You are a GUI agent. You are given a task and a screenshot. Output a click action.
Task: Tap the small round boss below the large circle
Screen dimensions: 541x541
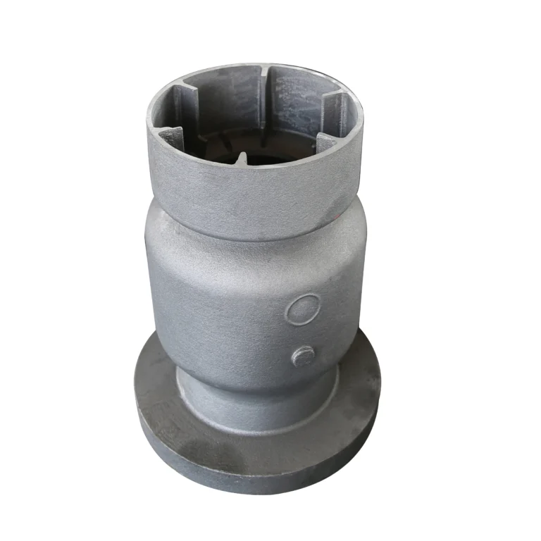(x=304, y=356)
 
